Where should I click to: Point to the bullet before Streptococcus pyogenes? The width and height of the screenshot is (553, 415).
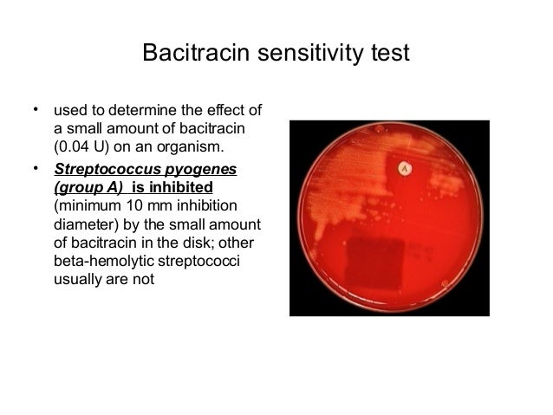pos(36,168)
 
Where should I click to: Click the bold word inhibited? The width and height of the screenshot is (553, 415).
pos(179,188)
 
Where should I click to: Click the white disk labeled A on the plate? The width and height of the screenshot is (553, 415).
pos(401,166)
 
